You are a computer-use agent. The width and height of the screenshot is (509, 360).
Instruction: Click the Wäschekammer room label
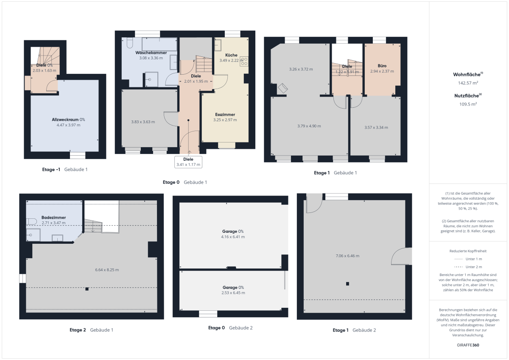point(151,53)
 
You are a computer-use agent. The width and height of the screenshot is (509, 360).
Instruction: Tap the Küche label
point(231,55)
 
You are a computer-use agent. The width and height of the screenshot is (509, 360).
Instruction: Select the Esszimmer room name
point(225,114)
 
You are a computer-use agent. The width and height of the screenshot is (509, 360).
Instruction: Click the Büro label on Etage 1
point(382,66)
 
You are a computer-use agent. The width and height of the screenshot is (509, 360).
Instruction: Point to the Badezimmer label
point(53,218)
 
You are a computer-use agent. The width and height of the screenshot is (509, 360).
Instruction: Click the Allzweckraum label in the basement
point(65,120)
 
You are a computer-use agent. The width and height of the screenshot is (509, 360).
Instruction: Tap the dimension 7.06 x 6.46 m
point(347,256)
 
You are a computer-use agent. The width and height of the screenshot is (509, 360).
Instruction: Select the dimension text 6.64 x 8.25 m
point(107,270)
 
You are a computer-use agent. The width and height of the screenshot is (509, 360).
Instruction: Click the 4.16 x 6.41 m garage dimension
point(233,237)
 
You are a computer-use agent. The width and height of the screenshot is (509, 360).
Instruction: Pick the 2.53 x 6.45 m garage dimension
point(233,293)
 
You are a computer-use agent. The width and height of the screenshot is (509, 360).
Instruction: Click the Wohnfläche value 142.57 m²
point(468,83)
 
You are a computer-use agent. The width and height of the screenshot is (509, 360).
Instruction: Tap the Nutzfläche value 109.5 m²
point(468,104)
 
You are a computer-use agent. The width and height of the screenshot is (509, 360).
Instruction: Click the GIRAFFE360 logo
point(468,345)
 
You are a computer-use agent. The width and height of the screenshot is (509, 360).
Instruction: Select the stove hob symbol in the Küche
point(244,61)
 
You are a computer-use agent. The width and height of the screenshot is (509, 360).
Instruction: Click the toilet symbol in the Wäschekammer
point(129,43)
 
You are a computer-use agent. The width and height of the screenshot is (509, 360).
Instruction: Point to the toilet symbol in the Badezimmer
point(31,221)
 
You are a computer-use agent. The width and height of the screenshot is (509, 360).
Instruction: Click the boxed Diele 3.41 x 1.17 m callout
point(188,162)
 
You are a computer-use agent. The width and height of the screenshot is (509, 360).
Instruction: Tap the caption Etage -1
point(51,170)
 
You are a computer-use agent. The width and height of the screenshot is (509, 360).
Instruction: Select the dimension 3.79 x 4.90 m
point(309,126)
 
